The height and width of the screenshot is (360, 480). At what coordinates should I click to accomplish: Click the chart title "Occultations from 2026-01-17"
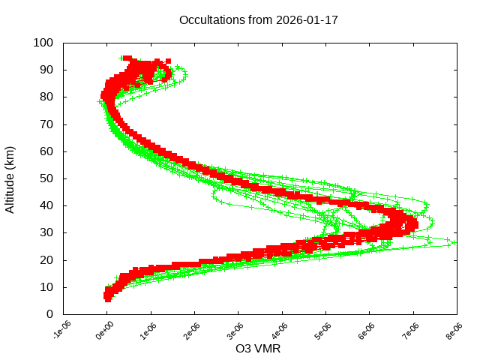click(x=259, y=19)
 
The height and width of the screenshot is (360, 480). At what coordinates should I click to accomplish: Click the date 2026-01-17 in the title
click(x=307, y=19)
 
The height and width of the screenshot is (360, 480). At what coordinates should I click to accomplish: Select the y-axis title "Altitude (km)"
click(x=10, y=178)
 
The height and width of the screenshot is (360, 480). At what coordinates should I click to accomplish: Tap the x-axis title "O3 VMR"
click(x=258, y=349)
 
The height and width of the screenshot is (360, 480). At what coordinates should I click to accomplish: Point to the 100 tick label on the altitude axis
click(x=43, y=43)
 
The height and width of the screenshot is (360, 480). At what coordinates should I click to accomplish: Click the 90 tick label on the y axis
click(x=46, y=70)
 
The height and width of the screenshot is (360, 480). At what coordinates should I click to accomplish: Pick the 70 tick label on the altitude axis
click(x=46, y=124)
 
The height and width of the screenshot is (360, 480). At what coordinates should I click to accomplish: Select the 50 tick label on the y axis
click(x=46, y=178)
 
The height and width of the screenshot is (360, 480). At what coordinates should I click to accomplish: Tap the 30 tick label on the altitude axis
click(x=46, y=232)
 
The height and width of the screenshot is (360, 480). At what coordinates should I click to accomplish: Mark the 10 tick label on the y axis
click(x=46, y=286)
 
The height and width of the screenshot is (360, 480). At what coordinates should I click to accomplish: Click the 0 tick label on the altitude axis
click(x=49, y=313)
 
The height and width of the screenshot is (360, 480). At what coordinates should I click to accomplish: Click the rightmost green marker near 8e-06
click(x=451, y=241)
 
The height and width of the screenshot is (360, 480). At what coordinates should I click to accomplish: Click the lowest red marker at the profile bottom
click(x=108, y=298)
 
